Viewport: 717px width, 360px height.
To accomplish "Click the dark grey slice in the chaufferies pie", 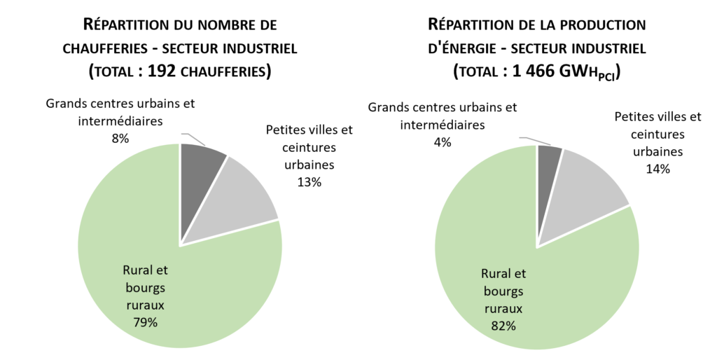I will pos(200,174).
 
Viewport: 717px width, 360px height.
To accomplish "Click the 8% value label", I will pos(120,138).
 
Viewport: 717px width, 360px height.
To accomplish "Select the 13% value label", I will pos(309,182).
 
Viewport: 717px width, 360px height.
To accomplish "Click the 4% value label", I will pos(443,142).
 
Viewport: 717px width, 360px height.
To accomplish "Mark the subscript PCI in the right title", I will pos(606,76).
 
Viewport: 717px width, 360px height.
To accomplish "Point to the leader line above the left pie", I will pos(187,137).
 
